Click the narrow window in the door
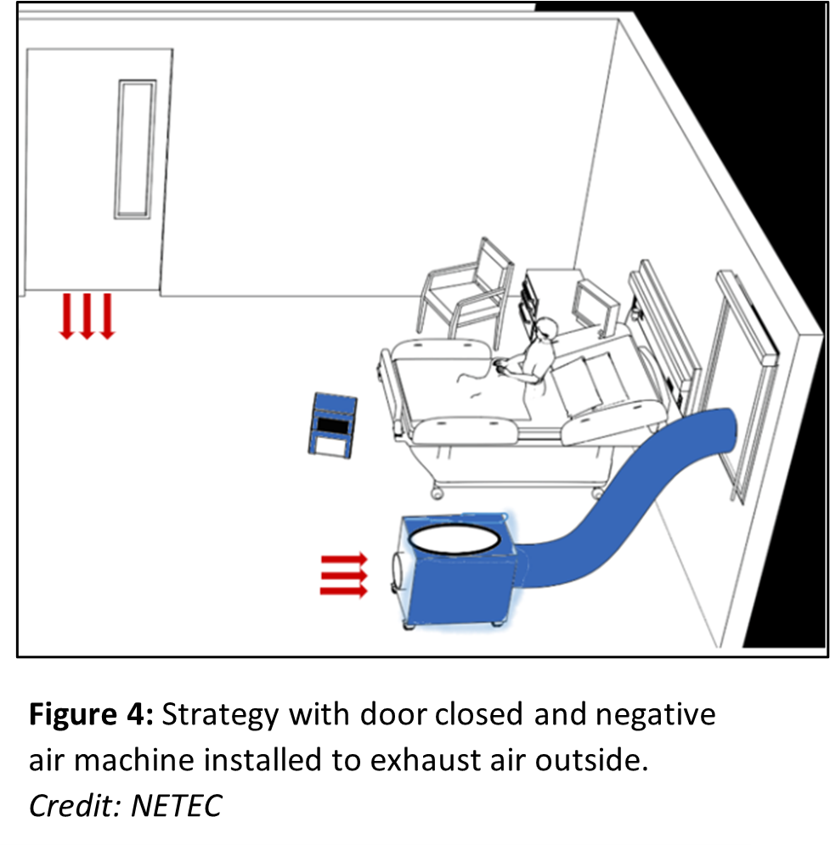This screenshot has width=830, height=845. click(136, 149)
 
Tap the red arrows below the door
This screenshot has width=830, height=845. click(86, 315)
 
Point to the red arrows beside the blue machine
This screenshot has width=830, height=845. click(343, 575)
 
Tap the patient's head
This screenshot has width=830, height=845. click(543, 330)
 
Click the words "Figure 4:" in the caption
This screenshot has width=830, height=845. click(90, 715)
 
